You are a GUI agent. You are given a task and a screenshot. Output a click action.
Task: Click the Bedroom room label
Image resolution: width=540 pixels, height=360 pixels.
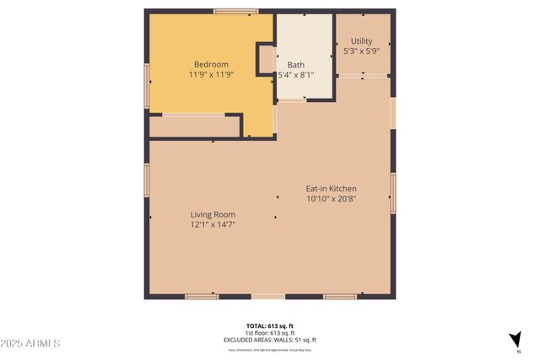211,64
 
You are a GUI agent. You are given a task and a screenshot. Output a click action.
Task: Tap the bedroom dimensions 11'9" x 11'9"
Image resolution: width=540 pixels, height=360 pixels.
211,75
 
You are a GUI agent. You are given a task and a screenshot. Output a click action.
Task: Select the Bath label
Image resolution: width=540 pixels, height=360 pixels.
295,65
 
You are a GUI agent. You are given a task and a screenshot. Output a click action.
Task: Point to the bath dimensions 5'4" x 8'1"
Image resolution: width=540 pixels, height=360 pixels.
296,75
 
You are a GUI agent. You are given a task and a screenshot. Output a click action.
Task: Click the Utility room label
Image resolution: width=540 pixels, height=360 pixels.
362,40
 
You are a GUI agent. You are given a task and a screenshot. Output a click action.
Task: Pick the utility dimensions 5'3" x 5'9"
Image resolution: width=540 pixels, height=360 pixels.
362,51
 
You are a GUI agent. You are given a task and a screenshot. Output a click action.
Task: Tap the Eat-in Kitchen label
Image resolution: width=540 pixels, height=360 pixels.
331,188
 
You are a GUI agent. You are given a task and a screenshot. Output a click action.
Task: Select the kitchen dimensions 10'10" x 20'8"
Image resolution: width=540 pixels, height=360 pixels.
331,199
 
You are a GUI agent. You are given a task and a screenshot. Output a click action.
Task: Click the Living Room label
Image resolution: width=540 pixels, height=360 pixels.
213,214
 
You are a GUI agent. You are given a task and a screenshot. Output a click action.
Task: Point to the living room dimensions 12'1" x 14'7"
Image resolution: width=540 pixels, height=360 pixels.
213,225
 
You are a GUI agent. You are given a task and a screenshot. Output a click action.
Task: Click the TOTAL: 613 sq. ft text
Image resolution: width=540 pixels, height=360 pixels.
269,326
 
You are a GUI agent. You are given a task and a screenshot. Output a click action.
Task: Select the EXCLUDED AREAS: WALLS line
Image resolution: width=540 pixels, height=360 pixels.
269,340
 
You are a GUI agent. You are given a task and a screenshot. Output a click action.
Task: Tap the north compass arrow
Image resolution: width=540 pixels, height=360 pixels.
514,340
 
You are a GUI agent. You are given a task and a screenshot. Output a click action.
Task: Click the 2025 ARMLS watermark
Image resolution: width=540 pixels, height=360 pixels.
31,343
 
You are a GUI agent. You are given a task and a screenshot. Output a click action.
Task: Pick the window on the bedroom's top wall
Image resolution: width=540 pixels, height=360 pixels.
235,11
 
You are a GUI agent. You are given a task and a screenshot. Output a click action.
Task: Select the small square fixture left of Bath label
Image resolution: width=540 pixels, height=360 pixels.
266,60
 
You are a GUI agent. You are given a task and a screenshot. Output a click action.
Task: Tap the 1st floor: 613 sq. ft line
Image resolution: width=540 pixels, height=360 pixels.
269,333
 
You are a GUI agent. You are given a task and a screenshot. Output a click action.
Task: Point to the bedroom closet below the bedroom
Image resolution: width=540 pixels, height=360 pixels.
194,126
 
